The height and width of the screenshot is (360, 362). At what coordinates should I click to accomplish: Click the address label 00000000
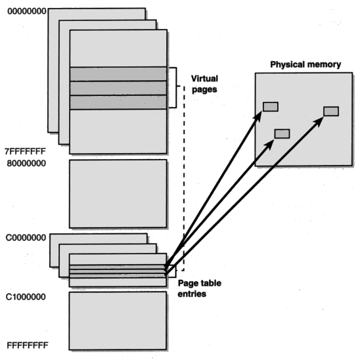27,11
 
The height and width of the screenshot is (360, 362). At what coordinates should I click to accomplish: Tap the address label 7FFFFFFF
25,152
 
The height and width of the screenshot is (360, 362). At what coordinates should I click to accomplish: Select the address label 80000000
26,164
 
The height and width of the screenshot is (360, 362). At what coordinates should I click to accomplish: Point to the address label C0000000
26,238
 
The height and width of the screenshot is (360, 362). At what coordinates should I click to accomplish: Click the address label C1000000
26,297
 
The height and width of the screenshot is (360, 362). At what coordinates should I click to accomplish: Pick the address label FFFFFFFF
28,346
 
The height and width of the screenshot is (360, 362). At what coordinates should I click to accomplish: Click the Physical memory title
305,64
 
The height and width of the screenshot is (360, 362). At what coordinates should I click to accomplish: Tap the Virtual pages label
204,84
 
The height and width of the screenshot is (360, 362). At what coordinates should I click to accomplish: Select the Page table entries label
200,288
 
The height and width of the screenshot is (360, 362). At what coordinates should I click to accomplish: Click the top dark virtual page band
118,74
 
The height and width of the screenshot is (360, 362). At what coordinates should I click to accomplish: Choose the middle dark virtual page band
118,88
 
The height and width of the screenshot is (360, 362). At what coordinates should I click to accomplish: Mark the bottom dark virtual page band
118,102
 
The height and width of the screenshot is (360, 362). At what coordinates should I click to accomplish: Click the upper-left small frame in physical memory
271,106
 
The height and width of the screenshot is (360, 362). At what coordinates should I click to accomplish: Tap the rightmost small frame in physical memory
331,111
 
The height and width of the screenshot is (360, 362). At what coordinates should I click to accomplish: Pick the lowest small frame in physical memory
282,134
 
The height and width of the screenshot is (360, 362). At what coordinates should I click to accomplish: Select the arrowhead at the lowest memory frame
269,145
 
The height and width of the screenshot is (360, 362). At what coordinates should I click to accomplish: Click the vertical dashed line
184,178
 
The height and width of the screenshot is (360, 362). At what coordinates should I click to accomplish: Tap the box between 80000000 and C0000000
118,194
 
